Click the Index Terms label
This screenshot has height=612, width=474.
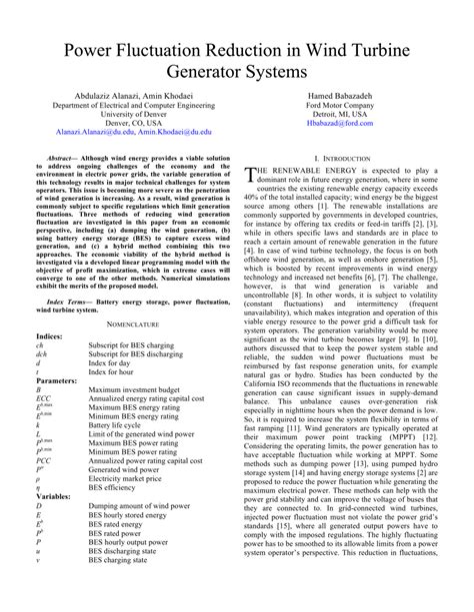(x=69, y=300)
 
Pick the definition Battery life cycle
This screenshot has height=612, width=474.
(x=121, y=422)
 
